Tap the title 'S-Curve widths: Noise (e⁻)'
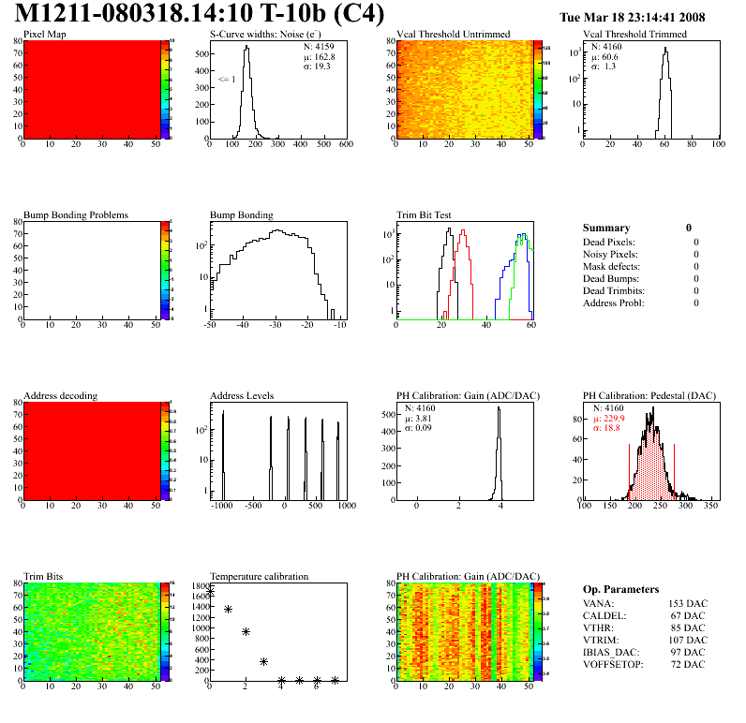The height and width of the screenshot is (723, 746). (x=268, y=35)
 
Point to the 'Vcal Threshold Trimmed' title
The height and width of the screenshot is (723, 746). (x=634, y=35)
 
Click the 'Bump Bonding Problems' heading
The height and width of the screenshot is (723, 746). (x=76, y=215)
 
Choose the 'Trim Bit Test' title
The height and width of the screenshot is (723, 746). (x=425, y=215)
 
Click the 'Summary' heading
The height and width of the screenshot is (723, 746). (x=606, y=228)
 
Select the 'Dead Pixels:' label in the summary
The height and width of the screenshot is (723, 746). (x=609, y=242)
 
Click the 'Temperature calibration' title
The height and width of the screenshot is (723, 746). (x=259, y=577)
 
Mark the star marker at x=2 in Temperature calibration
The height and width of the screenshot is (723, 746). (x=246, y=632)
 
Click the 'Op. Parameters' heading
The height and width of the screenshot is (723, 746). (x=620, y=589)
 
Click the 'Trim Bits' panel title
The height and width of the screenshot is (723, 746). (x=44, y=577)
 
